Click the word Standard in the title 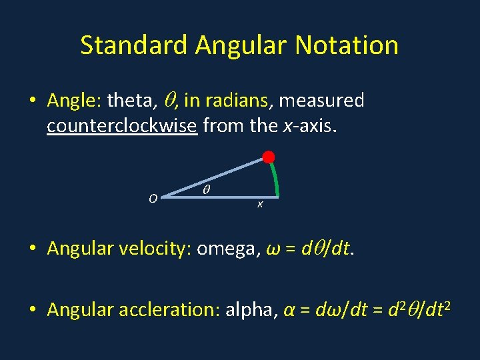(134, 45)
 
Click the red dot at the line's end (268, 158)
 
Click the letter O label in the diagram (153, 199)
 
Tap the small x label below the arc (260, 204)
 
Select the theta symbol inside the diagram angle (206, 190)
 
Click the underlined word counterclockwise (122, 125)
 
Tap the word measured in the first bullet (321, 101)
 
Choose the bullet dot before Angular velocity (33, 249)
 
